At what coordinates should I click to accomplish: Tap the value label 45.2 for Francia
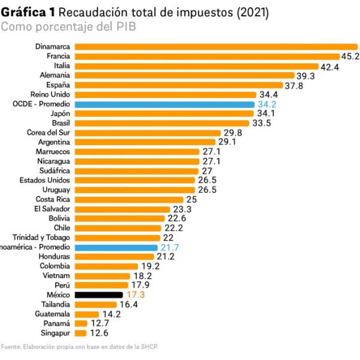[x=350, y=56]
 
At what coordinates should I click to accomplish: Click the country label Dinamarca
[x=53, y=47]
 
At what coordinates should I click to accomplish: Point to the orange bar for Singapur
[x=80, y=333]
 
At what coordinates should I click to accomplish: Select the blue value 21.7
[x=170, y=247]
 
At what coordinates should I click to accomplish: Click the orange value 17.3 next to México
[x=136, y=295]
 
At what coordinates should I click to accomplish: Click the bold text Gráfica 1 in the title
[x=28, y=12]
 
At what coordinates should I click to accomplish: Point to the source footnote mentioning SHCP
[x=80, y=346]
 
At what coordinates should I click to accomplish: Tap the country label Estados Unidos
[x=45, y=180]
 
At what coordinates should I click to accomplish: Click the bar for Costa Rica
[x=129, y=199]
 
